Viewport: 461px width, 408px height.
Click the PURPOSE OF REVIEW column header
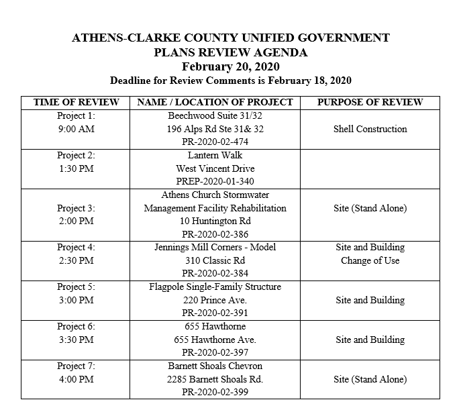tap(370, 102)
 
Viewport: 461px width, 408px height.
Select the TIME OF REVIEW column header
tap(76, 102)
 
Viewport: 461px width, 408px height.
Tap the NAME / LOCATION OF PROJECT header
tap(215, 102)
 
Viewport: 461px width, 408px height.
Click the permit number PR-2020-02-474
tap(215, 142)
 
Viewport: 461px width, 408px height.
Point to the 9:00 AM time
tap(76, 129)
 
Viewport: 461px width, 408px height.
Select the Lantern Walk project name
tap(215, 155)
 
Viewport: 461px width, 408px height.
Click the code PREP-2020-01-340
tap(215, 181)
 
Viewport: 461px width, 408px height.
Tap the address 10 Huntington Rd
tap(215, 221)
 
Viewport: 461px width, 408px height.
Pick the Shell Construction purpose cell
tap(370, 129)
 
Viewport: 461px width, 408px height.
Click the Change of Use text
tap(370, 260)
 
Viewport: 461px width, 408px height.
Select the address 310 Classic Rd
tap(215, 260)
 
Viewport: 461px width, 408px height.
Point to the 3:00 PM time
tap(76, 300)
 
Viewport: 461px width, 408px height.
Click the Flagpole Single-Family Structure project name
tap(215, 287)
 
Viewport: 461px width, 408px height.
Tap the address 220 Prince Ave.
tap(215, 300)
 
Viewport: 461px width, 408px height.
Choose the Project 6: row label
tap(76, 326)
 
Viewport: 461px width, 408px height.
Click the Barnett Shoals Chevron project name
tap(215, 366)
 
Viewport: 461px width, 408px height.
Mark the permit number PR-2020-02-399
tap(215, 392)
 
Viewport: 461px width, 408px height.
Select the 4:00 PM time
tap(76, 379)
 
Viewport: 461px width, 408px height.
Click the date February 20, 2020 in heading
tap(230, 66)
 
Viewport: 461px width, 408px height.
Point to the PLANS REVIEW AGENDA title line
tap(230, 52)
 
